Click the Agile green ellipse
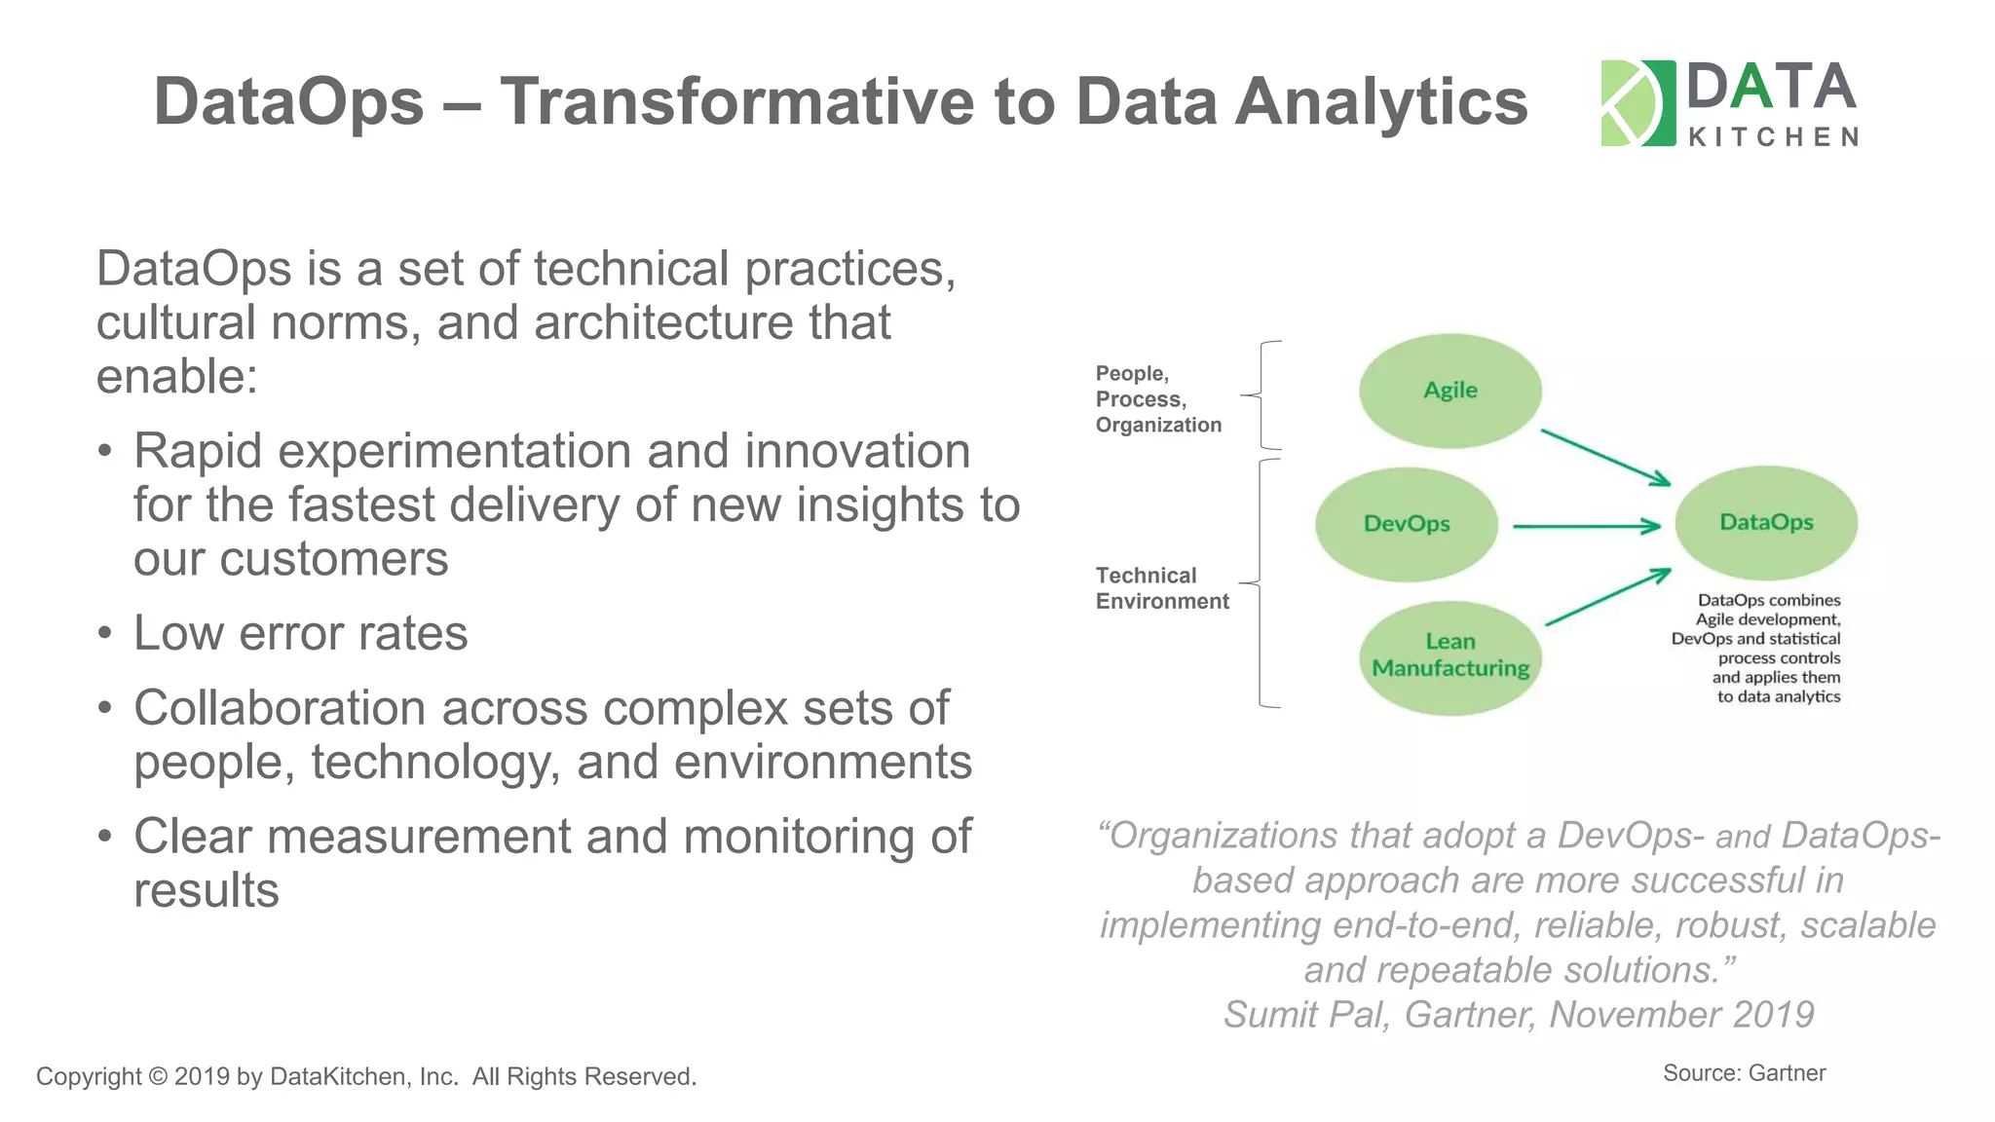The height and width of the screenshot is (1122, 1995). click(x=1449, y=391)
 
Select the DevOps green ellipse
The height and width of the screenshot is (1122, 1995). click(x=1406, y=524)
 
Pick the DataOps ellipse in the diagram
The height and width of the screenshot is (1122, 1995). click(x=1765, y=523)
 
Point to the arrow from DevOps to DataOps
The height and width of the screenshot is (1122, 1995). click(x=1585, y=526)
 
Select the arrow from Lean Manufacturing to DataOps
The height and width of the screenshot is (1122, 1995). click(x=1607, y=597)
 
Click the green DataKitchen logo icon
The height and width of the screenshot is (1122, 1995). click(x=1637, y=103)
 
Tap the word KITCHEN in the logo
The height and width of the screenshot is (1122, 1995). click(x=1773, y=137)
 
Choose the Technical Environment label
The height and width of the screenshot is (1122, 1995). click(x=1161, y=588)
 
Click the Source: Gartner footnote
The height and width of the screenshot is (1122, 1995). click(x=1743, y=1072)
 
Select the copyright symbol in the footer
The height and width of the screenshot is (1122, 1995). click(x=158, y=1076)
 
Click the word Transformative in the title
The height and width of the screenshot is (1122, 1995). click(x=736, y=101)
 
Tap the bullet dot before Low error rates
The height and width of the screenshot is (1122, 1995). click(x=105, y=634)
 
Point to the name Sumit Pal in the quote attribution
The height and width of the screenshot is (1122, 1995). click(x=1305, y=1014)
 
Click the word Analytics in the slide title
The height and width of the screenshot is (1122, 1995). click(x=1380, y=101)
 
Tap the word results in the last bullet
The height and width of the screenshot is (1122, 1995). click(x=207, y=890)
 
